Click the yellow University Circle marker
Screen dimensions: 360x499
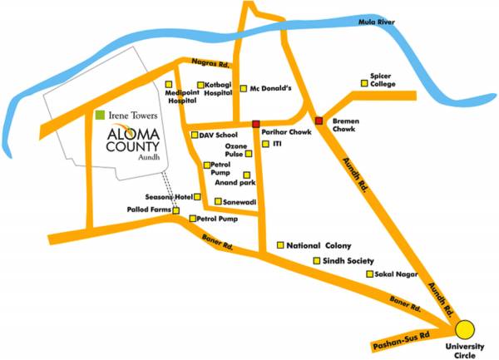[x=464, y=328]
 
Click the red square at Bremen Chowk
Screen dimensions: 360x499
[x=319, y=121]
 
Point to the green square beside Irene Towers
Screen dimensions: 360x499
[x=100, y=114]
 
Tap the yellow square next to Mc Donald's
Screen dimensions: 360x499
[x=243, y=88]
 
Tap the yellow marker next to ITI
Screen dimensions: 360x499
[x=265, y=144]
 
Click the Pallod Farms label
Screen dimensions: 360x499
[x=150, y=211]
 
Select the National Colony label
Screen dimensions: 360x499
[x=319, y=246]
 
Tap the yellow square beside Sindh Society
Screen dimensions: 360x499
[x=316, y=260]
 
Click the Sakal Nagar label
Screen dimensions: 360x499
[x=395, y=274]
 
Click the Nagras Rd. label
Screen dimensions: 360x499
[x=210, y=63]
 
